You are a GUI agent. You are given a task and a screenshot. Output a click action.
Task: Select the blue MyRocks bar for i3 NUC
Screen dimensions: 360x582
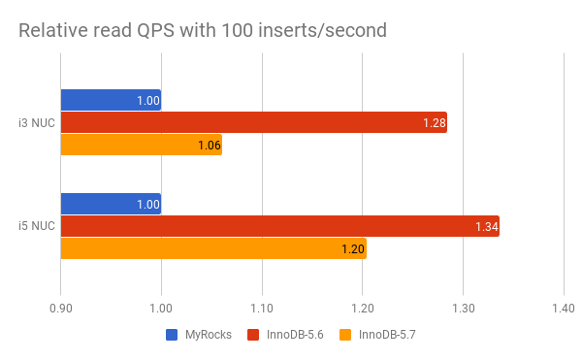111,100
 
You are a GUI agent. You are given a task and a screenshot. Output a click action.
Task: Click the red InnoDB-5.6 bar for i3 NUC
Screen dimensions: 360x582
253,122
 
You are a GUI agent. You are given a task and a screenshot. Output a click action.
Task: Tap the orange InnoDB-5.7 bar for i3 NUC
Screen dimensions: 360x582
141,145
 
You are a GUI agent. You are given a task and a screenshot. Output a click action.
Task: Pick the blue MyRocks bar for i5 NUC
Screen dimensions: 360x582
111,204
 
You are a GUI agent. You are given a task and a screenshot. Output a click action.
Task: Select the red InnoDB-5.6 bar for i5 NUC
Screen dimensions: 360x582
279,226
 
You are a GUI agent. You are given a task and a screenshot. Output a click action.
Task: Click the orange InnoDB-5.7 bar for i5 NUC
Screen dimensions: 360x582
213,248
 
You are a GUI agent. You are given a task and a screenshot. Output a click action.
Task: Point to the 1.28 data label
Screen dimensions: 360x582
434,122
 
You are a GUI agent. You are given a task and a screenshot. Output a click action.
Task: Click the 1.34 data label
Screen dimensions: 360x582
486,226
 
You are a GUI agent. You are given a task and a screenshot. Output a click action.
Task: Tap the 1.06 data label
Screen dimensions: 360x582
210,146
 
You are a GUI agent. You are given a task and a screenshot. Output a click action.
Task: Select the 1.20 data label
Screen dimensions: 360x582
353,249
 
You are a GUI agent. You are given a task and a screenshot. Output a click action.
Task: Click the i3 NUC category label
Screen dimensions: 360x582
36,122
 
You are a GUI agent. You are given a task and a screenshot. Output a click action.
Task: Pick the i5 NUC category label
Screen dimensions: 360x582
36,226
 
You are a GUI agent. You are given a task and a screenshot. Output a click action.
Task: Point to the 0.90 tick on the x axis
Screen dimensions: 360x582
61,309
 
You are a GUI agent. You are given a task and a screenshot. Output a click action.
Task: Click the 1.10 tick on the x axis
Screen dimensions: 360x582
262,309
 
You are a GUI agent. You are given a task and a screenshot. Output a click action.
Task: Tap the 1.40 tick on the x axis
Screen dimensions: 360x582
563,309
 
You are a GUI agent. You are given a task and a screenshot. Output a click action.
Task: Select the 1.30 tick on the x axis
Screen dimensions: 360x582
463,309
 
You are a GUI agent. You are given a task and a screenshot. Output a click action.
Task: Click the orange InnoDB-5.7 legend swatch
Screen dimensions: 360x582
345,335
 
